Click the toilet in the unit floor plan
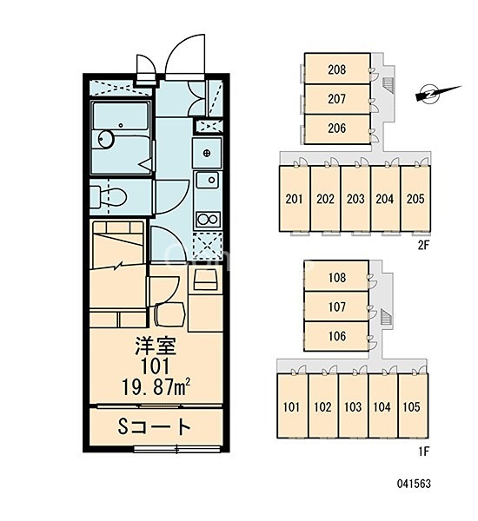click(x=109, y=197)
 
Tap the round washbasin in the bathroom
click(x=106, y=139)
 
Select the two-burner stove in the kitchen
click(x=207, y=220)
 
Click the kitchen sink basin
click(x=207, y=181)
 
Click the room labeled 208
click(x=337, y=69)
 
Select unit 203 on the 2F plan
click(x=355, y=198)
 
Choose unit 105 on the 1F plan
click(x=413, y=406)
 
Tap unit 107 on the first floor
click(x=336, y=307)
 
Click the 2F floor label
click(x=423, y=245)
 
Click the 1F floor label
click(x=423, y=452)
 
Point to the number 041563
click(x=414, y=484)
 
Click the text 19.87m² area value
click(x=156, y=387)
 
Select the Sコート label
click(x=155, y=427)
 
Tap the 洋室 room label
click(x=156, y=346)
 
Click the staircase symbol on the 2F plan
click(x=388, y=85)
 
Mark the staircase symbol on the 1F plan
click(x=386, y=316)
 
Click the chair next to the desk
click(x=169, y=314)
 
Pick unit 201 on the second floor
click(x=295, y=198)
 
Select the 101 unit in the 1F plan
click(x=292, y=406)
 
